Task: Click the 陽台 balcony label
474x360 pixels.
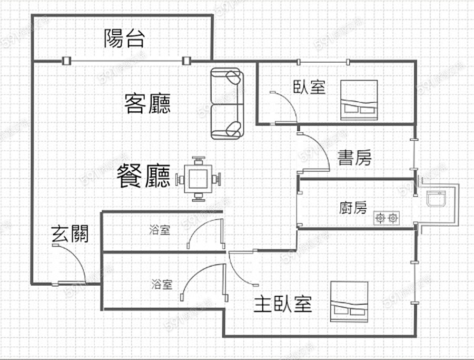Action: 124,38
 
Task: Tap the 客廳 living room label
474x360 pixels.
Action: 148,103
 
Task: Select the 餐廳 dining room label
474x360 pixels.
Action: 143,176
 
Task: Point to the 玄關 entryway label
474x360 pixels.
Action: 70,233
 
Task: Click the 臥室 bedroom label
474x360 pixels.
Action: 309,87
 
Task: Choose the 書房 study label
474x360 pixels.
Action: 354,158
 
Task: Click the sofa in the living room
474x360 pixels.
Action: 227,104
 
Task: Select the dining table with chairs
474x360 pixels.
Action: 198,179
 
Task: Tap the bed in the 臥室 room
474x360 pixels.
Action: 359,100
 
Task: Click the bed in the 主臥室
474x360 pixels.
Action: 349,301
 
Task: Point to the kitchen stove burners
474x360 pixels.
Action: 386,217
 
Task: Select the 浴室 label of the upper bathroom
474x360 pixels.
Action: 160,230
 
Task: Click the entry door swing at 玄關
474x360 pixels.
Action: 73,265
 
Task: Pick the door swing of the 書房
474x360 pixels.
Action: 314,153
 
